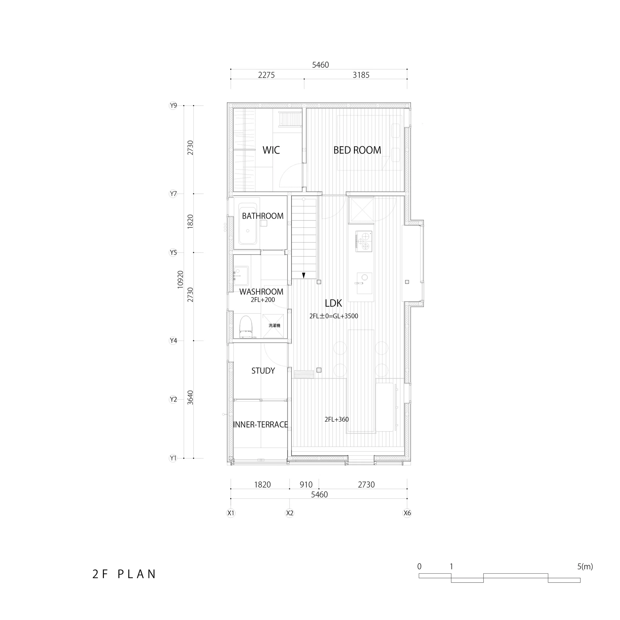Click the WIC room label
click(x=271, y=150)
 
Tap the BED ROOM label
click(x=357, y=150)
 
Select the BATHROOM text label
click(x=263, y=216)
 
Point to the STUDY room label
click(x=263, y=371)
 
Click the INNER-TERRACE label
click(x=261, y=424)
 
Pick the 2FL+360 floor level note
click(x=337, y=419)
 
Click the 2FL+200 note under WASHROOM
click(x=263, y=300)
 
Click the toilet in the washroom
click(x=246, y=326)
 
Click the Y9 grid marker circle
click(x=173, y=106)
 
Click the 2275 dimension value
click(x=266, y=75)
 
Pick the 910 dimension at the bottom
click(x=306, y=485)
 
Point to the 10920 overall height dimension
click(x=180, y=280)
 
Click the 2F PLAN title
click(x=124, y=574)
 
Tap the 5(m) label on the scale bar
click(x=585, y=566)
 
